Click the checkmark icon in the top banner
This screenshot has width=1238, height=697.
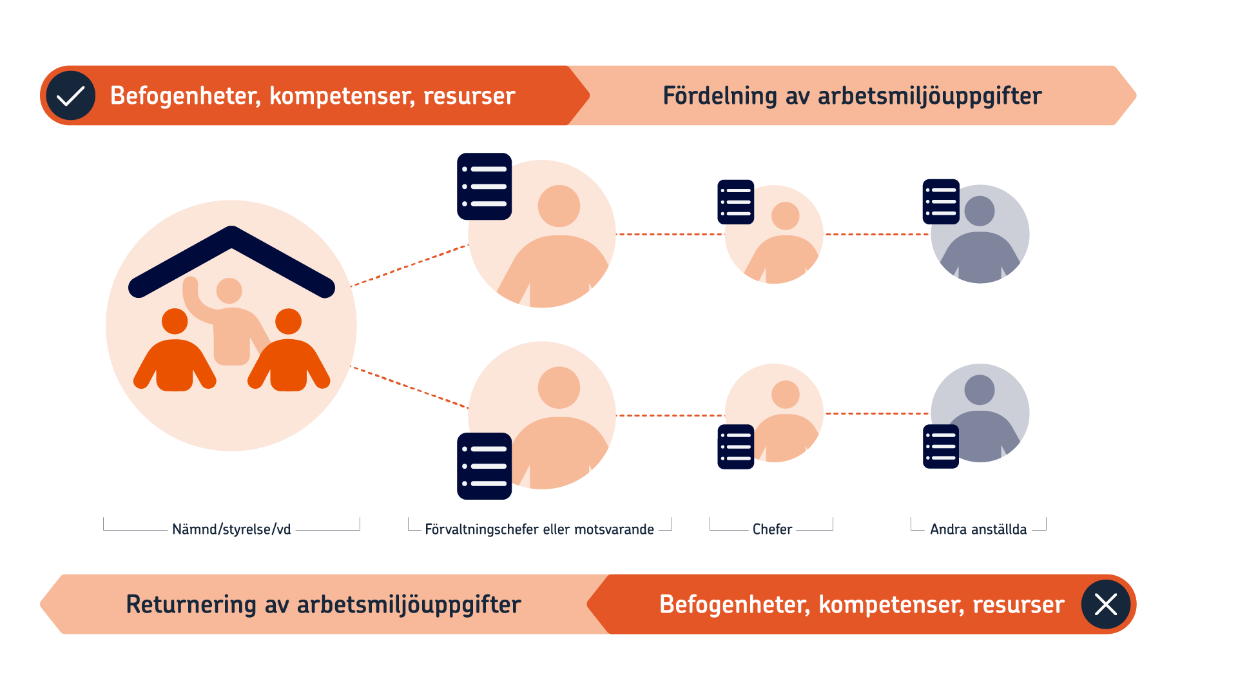[71, 95]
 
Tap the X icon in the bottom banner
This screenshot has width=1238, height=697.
[1106, 604]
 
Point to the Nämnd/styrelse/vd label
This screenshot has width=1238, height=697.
[231, 529]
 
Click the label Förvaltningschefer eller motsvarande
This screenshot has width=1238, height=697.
[539, 529]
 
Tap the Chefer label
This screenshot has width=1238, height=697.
[772, 529]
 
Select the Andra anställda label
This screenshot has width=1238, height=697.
[978, 529]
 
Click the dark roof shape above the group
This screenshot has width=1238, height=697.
[232, 262]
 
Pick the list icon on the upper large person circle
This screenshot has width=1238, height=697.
[485, 186]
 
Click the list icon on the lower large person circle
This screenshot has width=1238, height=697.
[485, 466]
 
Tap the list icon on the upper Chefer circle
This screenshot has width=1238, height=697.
[736, 202]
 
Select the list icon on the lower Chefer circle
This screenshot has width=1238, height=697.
[736, 447]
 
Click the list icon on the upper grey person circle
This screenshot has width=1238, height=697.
[941, 202]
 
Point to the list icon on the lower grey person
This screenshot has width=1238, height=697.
[941, 446]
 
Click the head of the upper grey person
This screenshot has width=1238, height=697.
[980, 211]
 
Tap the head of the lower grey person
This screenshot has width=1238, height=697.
[980, 390]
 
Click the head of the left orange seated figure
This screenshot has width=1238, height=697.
[175, 321]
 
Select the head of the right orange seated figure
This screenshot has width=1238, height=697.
[288, 321]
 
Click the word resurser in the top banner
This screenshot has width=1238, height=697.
[469, 96]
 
